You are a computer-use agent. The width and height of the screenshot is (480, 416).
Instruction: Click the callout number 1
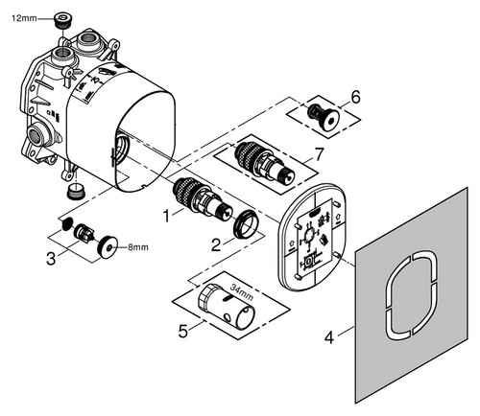tap(166, 216)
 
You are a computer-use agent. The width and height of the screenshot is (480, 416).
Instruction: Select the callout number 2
tap(216, 244)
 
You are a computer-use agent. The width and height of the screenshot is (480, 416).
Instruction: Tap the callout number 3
tap(51, 259)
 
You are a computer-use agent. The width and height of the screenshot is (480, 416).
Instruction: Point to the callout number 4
tap(329, 337)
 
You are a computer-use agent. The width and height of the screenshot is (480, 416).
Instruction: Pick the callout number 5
tap(183, 332)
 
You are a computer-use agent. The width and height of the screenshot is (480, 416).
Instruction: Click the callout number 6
tap(355, 97)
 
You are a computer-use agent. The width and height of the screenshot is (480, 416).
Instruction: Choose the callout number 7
tap(319, 154)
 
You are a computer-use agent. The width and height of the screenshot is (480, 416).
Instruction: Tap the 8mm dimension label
tap(138, 247)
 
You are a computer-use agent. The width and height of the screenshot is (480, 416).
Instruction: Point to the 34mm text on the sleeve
tap(242, 292)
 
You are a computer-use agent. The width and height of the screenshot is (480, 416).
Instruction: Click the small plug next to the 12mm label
tap(60, 20)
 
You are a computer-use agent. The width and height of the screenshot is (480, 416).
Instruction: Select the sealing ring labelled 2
tap(246, 223)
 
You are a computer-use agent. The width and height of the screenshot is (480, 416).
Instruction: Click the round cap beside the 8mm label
tap(108, 247)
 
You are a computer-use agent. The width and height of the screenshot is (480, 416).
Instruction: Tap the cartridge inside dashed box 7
tap(265, 164)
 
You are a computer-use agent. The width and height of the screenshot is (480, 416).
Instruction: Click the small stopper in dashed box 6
tap(323, 118)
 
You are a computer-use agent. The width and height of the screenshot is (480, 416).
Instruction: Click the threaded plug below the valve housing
tap(74, 192)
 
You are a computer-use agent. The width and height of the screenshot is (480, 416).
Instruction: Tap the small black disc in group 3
tap(66, 225)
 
